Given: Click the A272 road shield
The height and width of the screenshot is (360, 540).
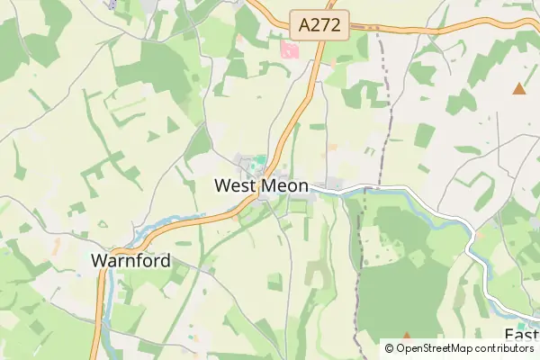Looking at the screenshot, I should [x=319, y=25].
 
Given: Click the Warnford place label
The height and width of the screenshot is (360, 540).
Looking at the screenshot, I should [x=130, y=261].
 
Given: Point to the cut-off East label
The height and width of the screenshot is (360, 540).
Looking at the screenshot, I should [x=521, y=336].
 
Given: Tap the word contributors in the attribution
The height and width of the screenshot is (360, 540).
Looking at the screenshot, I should [x=501, y=348].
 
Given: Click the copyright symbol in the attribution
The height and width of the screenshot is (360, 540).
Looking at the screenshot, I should [x=390, y=348].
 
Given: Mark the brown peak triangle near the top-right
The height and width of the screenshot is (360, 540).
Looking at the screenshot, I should [x=518, y=88].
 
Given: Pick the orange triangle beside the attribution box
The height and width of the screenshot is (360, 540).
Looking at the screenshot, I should [x=406, y=335].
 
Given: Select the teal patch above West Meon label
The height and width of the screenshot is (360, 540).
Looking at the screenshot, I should [x=259, y=161].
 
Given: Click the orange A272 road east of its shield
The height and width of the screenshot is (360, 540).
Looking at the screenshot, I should [x=405, y=28].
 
